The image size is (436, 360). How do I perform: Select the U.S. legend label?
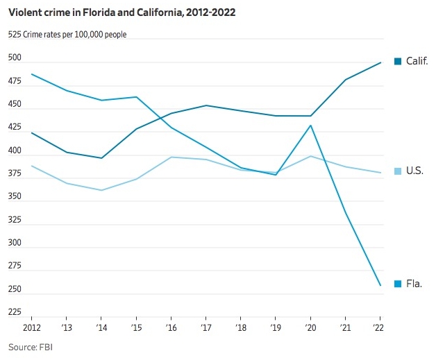414,171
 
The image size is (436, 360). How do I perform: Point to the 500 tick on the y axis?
15,59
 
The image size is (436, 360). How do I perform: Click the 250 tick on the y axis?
15,289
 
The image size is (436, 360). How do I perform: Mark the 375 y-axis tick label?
15,174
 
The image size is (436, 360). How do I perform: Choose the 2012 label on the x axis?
32,326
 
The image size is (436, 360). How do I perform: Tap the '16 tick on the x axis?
171,326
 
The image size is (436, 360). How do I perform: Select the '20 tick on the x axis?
310,326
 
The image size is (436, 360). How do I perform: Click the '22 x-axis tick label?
380,326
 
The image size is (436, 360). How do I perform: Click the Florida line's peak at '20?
310,126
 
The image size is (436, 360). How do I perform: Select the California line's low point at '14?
101,158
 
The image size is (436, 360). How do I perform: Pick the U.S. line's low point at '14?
101,190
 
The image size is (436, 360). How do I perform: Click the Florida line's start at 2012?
32,74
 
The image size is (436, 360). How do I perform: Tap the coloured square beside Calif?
398,61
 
